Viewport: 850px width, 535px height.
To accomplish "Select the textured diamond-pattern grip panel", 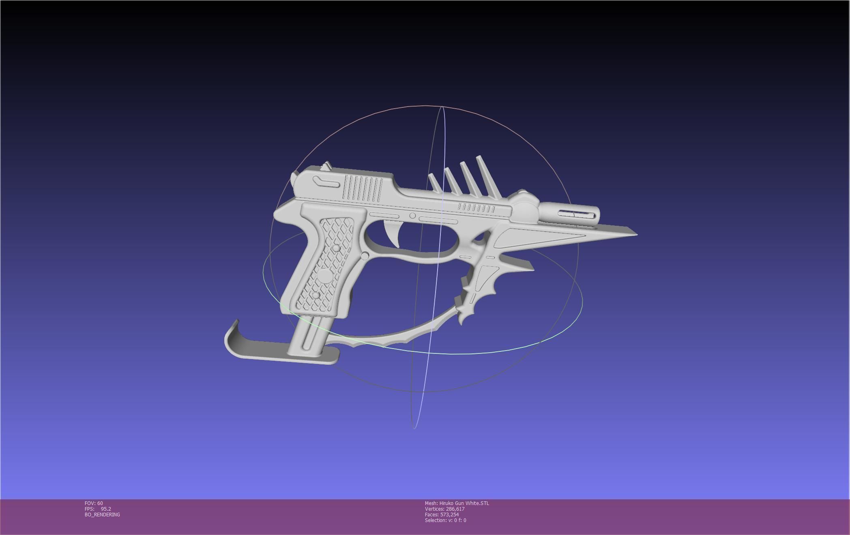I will click(330, 263).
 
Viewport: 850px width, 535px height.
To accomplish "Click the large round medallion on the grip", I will click(325, 276).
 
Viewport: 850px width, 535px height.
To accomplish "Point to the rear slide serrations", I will click(363, 188).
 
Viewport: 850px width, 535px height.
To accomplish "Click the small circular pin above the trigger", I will click(412, 216).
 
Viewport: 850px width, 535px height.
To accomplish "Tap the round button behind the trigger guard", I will click(365, 256).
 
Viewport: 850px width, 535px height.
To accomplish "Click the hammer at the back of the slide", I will click(326, 166).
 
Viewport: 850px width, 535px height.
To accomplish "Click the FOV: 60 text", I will click(94, 503).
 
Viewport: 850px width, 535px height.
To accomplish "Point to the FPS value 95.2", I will click(105, 509).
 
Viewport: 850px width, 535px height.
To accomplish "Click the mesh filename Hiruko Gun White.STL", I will click(464, 503).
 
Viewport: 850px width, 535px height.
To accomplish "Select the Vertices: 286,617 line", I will click(444, 509).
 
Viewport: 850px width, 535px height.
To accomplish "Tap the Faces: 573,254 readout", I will click(442, 515).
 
